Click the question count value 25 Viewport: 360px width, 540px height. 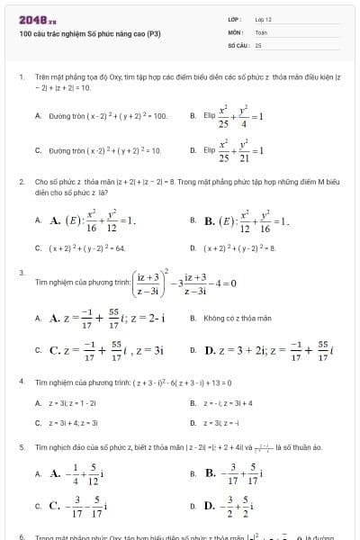point(258,44)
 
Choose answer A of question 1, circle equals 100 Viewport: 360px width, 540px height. point(108,116)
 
